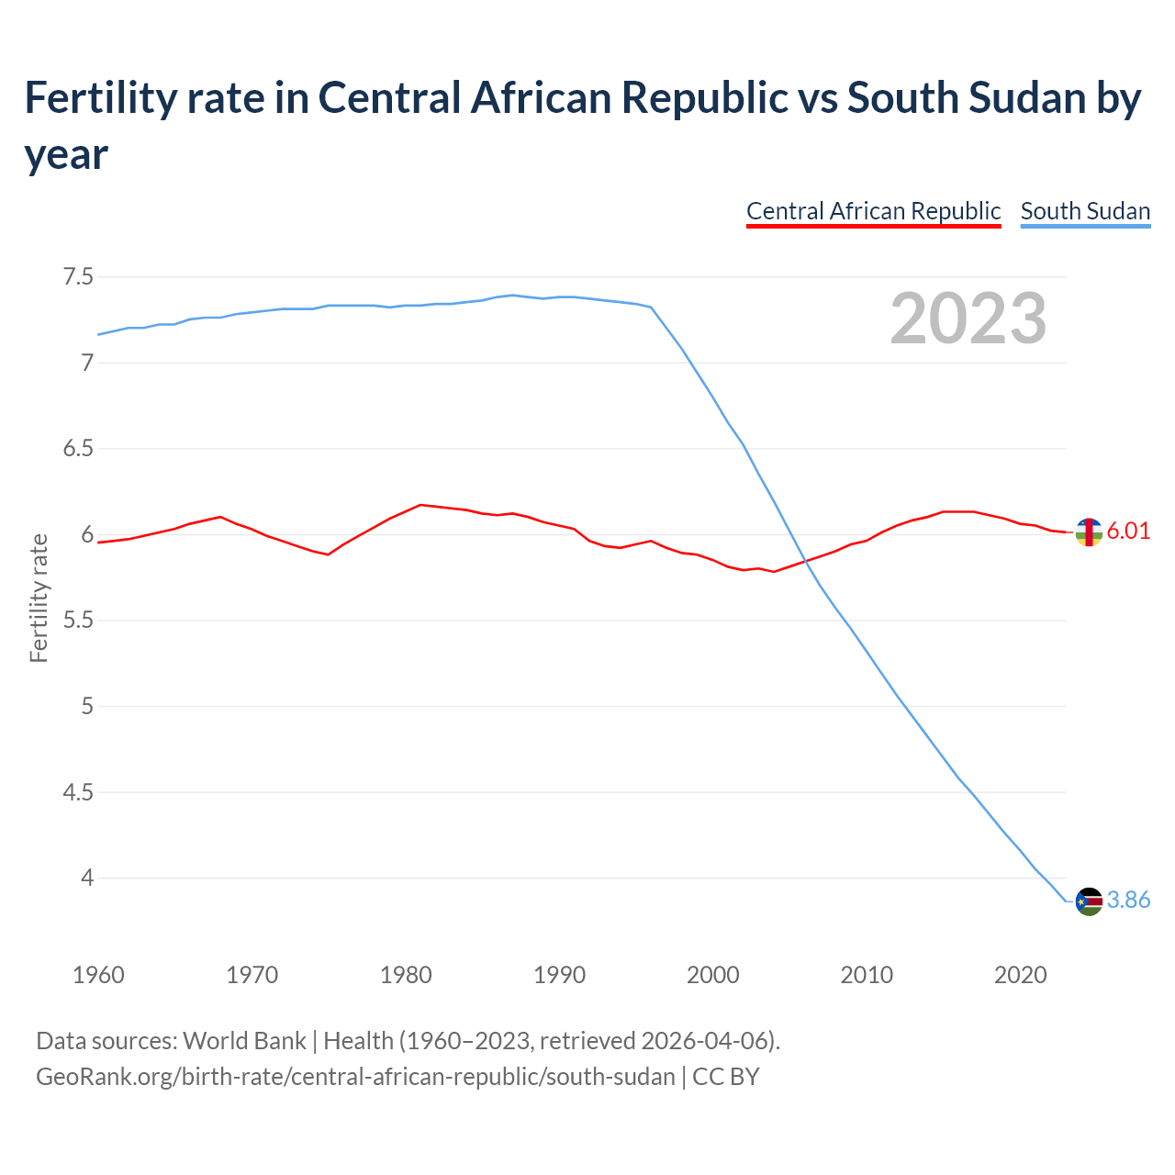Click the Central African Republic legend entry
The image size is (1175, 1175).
[873, 211]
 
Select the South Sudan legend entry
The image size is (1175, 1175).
[1085, 211]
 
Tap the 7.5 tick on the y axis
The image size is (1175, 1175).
[78, 276]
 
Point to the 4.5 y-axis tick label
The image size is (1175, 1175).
[78, 792]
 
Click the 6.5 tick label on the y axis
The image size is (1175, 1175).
[78, 449]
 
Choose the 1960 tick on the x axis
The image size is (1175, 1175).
[98, 975]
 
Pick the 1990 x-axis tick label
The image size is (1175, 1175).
[559, 975]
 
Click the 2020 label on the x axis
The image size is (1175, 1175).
[1020, 975]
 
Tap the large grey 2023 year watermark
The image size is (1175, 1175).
[968, 319]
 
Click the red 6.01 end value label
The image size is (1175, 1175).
[1128, 532]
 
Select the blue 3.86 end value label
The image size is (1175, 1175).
[1128, 901]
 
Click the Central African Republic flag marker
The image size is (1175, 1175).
[1089, 532]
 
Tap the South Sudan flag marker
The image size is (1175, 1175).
[1089, 901]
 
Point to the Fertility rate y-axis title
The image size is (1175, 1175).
[39, 598]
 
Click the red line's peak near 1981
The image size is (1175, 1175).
[420, 505]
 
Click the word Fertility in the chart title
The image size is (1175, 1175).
[98, 98]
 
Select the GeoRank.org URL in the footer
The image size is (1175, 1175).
[355, 1076]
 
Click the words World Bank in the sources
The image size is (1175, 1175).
[244, 1041]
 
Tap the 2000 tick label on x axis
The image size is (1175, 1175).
[713, 975]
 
